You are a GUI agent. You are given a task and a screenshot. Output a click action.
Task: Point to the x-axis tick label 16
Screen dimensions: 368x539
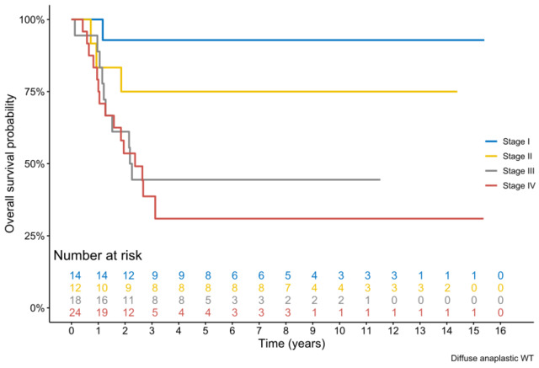[500, 331]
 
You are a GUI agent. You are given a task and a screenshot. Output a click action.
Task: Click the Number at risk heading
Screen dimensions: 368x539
[98, 255]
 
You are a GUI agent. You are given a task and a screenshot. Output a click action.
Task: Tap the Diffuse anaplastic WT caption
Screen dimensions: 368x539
[490, 359]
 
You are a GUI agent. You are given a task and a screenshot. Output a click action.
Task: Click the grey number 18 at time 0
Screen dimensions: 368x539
[74, 300]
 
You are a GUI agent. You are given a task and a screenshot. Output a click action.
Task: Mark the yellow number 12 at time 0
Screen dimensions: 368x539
[74, 288]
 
